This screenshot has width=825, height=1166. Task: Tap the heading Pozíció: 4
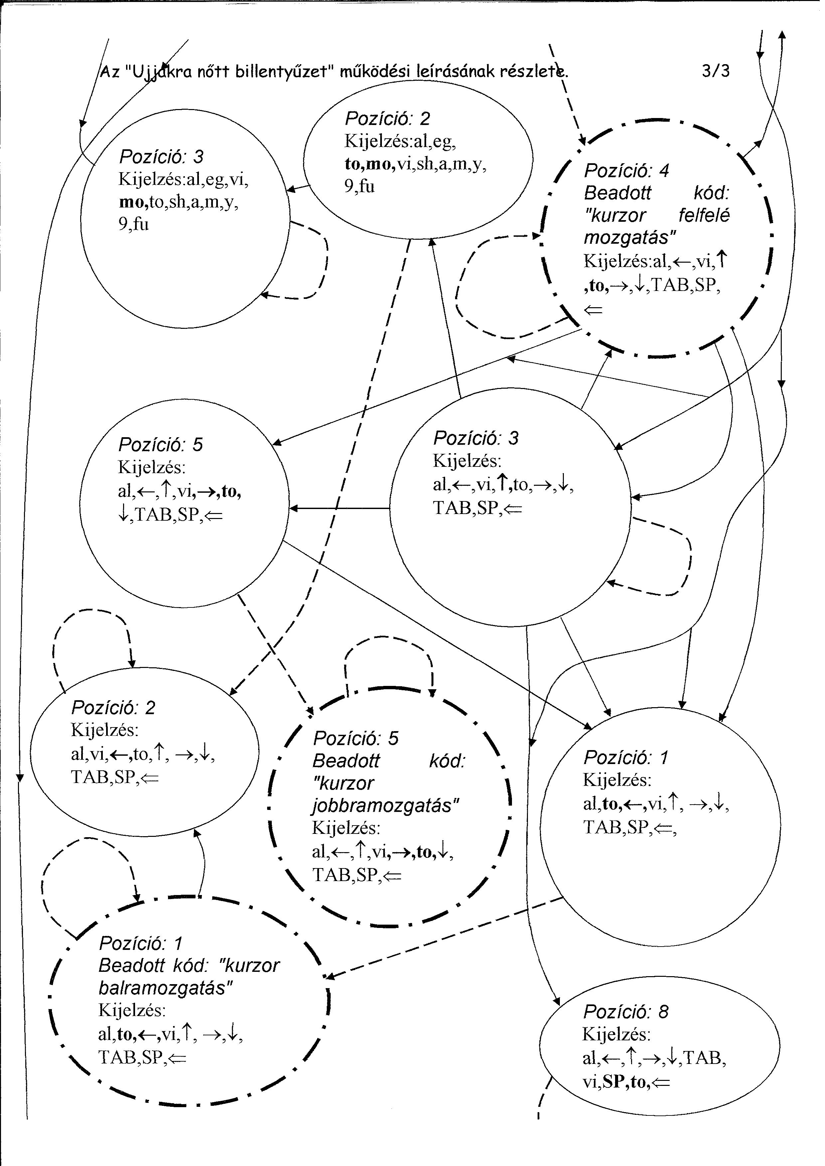pos(626,171)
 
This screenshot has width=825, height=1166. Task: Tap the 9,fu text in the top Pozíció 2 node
pos(360,187)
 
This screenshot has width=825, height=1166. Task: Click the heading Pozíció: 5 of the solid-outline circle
pos(161,445)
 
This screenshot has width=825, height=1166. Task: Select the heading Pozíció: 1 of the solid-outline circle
pos(626,758)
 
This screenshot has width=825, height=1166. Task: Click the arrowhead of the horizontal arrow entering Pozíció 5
pos(293,508)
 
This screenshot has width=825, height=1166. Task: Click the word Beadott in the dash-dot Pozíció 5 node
pos(346,761)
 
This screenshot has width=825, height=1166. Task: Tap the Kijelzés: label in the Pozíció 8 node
pos(616,1034)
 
